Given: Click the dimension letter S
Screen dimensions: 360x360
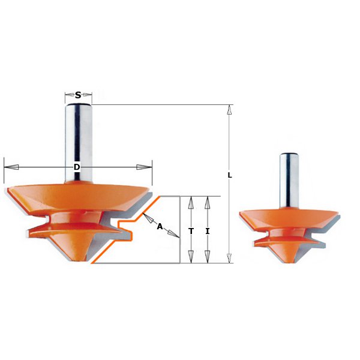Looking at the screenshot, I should tap(78, 95).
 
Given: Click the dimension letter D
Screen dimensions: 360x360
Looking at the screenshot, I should tap(77, 167).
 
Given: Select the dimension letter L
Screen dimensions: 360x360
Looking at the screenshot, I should tap(230, 175).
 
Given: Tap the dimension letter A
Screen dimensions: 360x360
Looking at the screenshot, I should tap(160, 226).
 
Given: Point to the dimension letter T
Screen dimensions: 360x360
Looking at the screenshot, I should tap(190, 230).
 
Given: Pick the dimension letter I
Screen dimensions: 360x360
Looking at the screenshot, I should tap(207, 230).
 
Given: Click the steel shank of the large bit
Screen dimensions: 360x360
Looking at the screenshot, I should tap(79, 138).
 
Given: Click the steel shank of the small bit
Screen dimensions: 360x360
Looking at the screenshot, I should tap(289, 180).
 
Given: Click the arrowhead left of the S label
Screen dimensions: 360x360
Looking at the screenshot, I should tap(68, 95).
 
